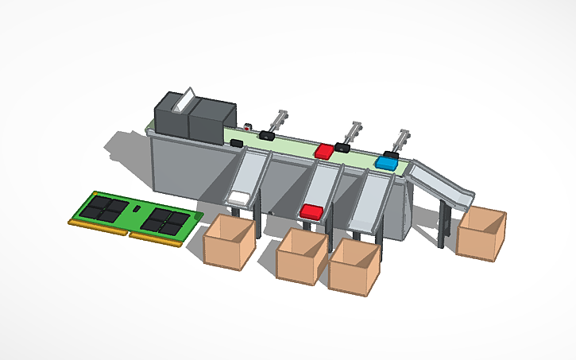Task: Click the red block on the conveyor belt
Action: point(324,150)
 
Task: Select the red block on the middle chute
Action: point(311,211)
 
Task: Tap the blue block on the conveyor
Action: point(387,163)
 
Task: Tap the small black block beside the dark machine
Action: point(236,142)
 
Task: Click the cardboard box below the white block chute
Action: point(230,242)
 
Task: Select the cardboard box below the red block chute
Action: point(301,254)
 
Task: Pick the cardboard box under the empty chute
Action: point(354,266)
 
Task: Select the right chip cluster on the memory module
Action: point(166,220)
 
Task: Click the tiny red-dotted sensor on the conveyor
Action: point(248,126)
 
